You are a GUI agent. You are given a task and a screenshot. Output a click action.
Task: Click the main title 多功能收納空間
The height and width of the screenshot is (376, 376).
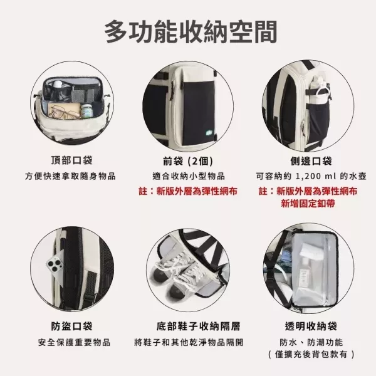coord(188,29)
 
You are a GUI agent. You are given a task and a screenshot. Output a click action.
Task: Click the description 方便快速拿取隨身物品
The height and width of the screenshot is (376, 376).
coord(70,175)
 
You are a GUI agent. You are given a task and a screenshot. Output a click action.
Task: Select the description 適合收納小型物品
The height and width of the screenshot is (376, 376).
coord(188,175)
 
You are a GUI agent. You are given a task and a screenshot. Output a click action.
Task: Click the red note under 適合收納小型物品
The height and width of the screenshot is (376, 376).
coord(188,191)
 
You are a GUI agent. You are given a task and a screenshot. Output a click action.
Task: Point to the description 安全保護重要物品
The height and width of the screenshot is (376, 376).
coord(70,342)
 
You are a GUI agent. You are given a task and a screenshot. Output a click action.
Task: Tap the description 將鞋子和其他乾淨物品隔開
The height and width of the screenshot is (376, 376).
coord(188,342)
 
